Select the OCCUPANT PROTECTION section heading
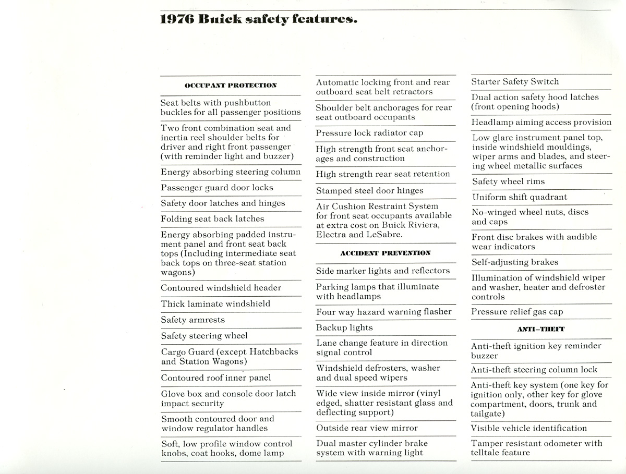[x=231, y=85]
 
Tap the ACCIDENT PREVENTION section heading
[x=386, y=253]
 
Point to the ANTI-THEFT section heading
[x=541, y=329]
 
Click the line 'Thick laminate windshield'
[x=215, y=303]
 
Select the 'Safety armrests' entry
[x=193, y=320]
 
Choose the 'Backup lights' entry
[x=344, y=327]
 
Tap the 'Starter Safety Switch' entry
[x=515, y=81]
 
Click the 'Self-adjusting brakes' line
[x=515, y=262]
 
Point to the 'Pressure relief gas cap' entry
[x=517, y=311]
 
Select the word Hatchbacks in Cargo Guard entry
[x=273, y=351]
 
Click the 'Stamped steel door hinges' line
[x=370, y=191]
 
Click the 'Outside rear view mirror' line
[x=367, y=428]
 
